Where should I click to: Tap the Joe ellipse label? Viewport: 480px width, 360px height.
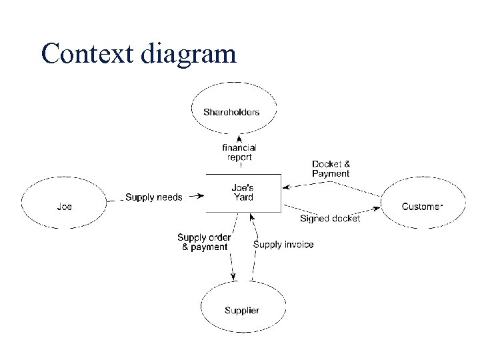64,207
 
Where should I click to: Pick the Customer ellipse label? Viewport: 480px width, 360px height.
422,207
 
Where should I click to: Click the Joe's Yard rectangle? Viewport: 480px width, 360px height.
243,193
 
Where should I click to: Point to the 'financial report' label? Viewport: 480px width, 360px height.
239,153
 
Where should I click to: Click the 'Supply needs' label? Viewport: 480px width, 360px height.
154,197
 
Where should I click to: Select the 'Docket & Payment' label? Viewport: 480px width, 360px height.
331,169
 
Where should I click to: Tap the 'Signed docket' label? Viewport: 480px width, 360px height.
330,219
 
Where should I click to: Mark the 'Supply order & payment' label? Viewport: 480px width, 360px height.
204,242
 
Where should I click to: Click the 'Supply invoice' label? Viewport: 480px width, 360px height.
283,245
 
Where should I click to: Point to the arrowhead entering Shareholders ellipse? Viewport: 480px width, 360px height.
239,137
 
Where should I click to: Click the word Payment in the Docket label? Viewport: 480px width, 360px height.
331,173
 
